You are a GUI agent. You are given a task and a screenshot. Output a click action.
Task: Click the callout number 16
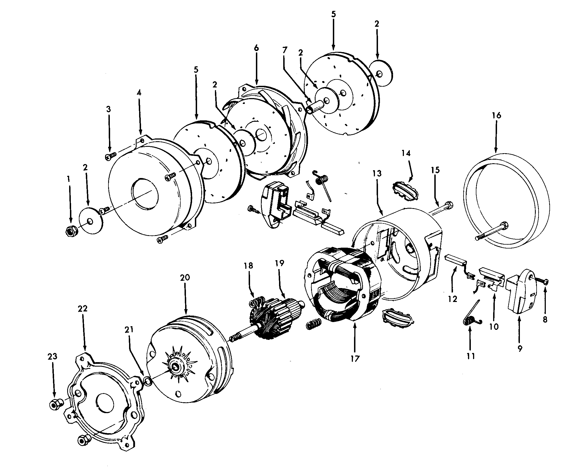[496, 115]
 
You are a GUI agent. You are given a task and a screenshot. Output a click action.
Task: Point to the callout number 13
[377, 174]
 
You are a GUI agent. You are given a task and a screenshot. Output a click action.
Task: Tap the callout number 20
[185, 277]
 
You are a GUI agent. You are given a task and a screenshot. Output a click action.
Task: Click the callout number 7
[285, 50]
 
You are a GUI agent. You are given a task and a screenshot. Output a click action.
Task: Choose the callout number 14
[406, 153]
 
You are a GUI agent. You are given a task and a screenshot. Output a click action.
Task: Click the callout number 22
[83, 308]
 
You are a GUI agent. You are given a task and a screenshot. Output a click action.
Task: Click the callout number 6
[256, 48]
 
